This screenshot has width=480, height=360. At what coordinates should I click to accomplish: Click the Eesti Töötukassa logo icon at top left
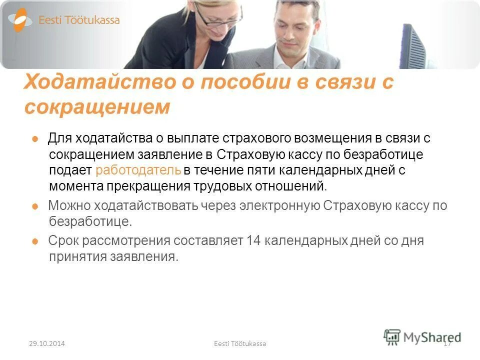[x=20, y=20]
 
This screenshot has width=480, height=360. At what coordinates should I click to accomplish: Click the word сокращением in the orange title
[x=97, y=107]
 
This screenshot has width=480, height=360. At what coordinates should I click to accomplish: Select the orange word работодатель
[x=138, y=170]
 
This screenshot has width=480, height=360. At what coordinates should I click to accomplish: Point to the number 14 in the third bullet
[x=253, y=241]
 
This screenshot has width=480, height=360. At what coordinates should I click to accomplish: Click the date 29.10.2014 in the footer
[x=47, y=343]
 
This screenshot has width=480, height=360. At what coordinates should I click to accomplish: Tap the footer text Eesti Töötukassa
[x=239, y=343]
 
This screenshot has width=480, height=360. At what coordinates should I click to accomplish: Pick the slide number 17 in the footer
[x=447, y=343]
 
